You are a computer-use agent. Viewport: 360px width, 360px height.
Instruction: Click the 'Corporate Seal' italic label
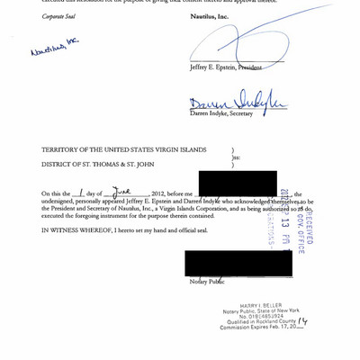click(58, 15)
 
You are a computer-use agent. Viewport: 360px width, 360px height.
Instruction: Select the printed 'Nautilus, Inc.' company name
click(209, 15)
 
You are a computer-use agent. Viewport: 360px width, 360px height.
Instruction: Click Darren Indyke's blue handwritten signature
click(236, 103)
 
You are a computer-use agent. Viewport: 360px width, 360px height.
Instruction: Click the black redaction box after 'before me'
click(236, 184)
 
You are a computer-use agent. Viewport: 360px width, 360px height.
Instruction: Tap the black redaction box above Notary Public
click(238, 263)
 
